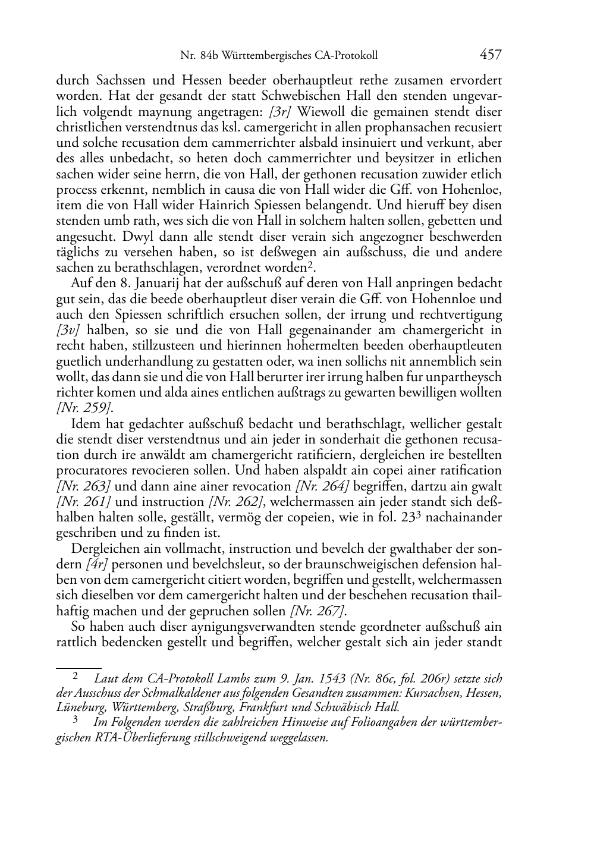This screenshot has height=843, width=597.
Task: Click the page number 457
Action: (491, 55)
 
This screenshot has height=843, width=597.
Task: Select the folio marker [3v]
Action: (67, 330)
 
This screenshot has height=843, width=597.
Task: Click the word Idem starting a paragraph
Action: (84, 424)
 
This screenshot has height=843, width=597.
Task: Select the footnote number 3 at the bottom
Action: (76, 721)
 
